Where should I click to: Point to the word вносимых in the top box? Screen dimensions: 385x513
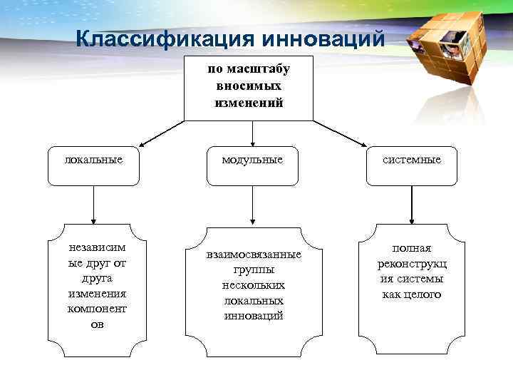249,86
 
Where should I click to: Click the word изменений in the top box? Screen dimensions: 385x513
249,103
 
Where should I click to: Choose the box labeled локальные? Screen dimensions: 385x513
93,160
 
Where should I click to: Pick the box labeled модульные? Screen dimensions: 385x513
252,160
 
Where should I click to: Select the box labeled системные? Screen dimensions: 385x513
411,160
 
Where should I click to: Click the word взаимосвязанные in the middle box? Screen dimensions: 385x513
253,255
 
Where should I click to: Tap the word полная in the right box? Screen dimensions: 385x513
412,248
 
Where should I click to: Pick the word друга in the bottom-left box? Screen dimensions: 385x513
97,279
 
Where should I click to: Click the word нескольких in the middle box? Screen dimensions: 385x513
253,285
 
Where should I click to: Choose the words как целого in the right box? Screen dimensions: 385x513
412,294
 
